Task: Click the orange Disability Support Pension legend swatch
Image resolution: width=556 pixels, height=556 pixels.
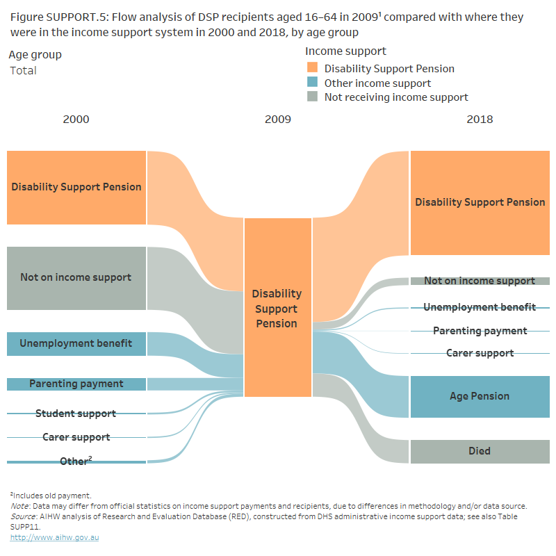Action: pyautogui.click(x=312, y=68)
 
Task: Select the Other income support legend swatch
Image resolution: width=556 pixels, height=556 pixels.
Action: pyautogui.click(x=312, y=83)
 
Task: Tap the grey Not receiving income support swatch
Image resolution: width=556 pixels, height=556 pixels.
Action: pyautogui.click(x=312, y=97)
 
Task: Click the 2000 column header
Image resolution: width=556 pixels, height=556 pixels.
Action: pyautogui.click(x=76, y=119)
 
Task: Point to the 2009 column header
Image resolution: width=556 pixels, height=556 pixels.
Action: pyautogui.click(x=277, y=119)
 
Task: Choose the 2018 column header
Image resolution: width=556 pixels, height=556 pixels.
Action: pyautogui.click(x=480, y=119)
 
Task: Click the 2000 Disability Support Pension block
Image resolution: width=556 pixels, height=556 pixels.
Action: pyautogui.click(x=76, y=187)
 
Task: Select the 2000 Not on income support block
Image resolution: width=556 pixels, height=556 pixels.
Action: pyautogui.click(x=76, y=278)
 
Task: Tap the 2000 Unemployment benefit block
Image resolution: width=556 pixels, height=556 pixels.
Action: pyautogui.click(x=76, y=343)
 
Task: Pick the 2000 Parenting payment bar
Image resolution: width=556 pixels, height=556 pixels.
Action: pyautogui.click(x=76, y=384)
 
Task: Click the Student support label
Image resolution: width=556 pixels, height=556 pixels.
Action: pyautogui.click(x=76, y=414)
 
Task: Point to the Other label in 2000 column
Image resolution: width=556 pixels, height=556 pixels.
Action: pyautogui.click(x=75, y=461)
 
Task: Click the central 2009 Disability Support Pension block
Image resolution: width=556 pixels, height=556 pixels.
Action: pyautogui.click(x=277, y=309)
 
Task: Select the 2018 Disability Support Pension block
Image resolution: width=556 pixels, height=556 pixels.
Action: pyautogui.click(x=480, y=202)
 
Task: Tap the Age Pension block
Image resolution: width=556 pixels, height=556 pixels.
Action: pyautogui.click(x=480, y=396)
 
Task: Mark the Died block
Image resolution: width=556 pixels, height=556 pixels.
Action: pyautogui.click(x=480, y=451)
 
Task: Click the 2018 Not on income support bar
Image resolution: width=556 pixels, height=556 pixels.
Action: pyautogui.click(x=480, y=281)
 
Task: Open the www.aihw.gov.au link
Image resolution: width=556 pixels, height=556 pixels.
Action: pyautogui.click(x=54, y=537)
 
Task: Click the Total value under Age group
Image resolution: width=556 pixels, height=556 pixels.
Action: pyautogui.click(x=23, y=70)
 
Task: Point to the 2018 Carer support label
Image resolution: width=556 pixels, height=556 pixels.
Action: pyautogui.click(x=480, y=353)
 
